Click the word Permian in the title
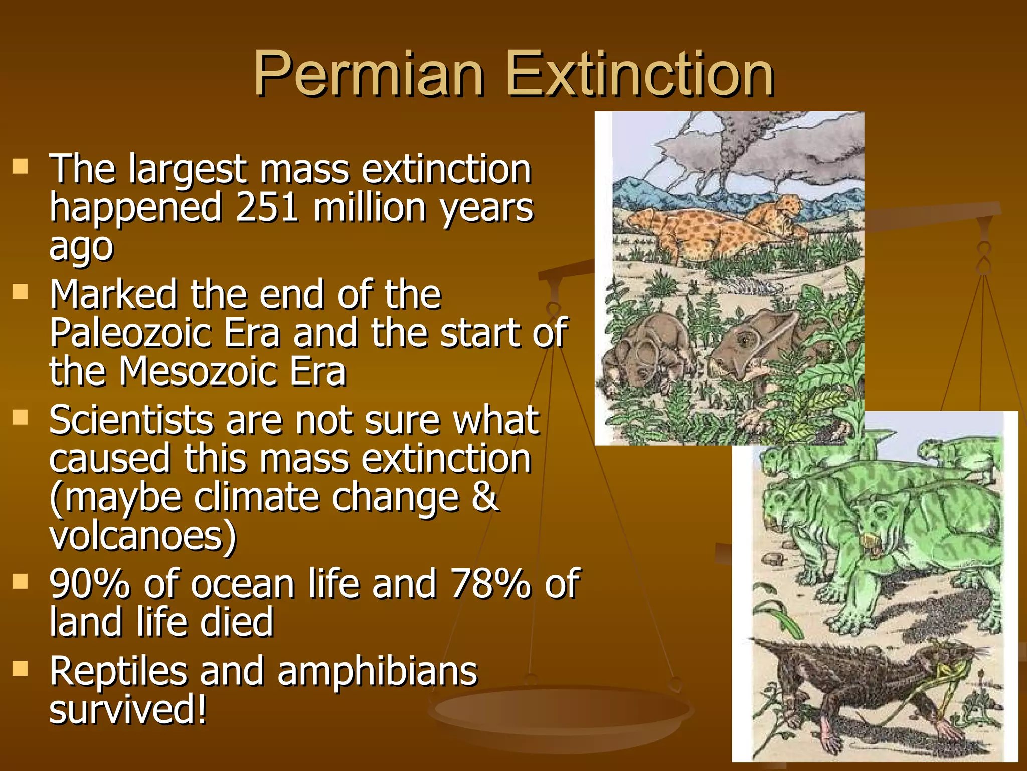[x=369, y=74]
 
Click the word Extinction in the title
[x=640, y=74]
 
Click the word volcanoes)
[x=142, y=536]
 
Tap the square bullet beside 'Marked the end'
[x=20, y=292]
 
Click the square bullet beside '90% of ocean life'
[x=20, y=581]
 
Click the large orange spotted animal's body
[x=702, y=231]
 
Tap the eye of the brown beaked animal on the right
[x=744, y=341]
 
